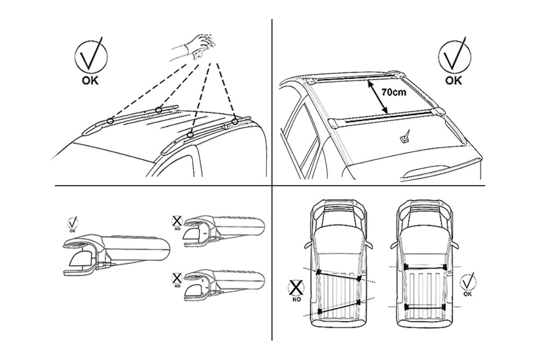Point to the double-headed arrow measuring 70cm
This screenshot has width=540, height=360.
(x=378, y=97)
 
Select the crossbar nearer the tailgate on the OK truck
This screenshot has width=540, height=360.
(x=425, y=307)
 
